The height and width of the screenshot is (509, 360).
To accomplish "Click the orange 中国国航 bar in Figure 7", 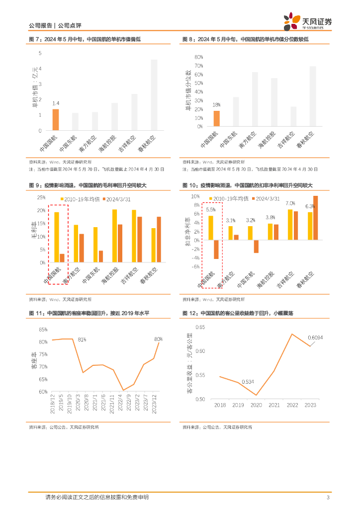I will point(56,120).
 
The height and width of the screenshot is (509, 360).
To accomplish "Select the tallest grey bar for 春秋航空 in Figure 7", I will point(154,95).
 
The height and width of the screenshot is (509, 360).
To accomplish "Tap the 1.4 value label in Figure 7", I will point(56,103).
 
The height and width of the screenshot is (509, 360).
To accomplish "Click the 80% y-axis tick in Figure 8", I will point(198,57).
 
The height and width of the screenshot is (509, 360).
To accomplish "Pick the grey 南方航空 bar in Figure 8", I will point(255,99).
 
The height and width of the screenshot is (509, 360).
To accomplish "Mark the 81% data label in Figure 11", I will point(82,339).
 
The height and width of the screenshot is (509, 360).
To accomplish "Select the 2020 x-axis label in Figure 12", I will point(256,405).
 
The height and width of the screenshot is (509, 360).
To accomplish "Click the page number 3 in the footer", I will point(328,498).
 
